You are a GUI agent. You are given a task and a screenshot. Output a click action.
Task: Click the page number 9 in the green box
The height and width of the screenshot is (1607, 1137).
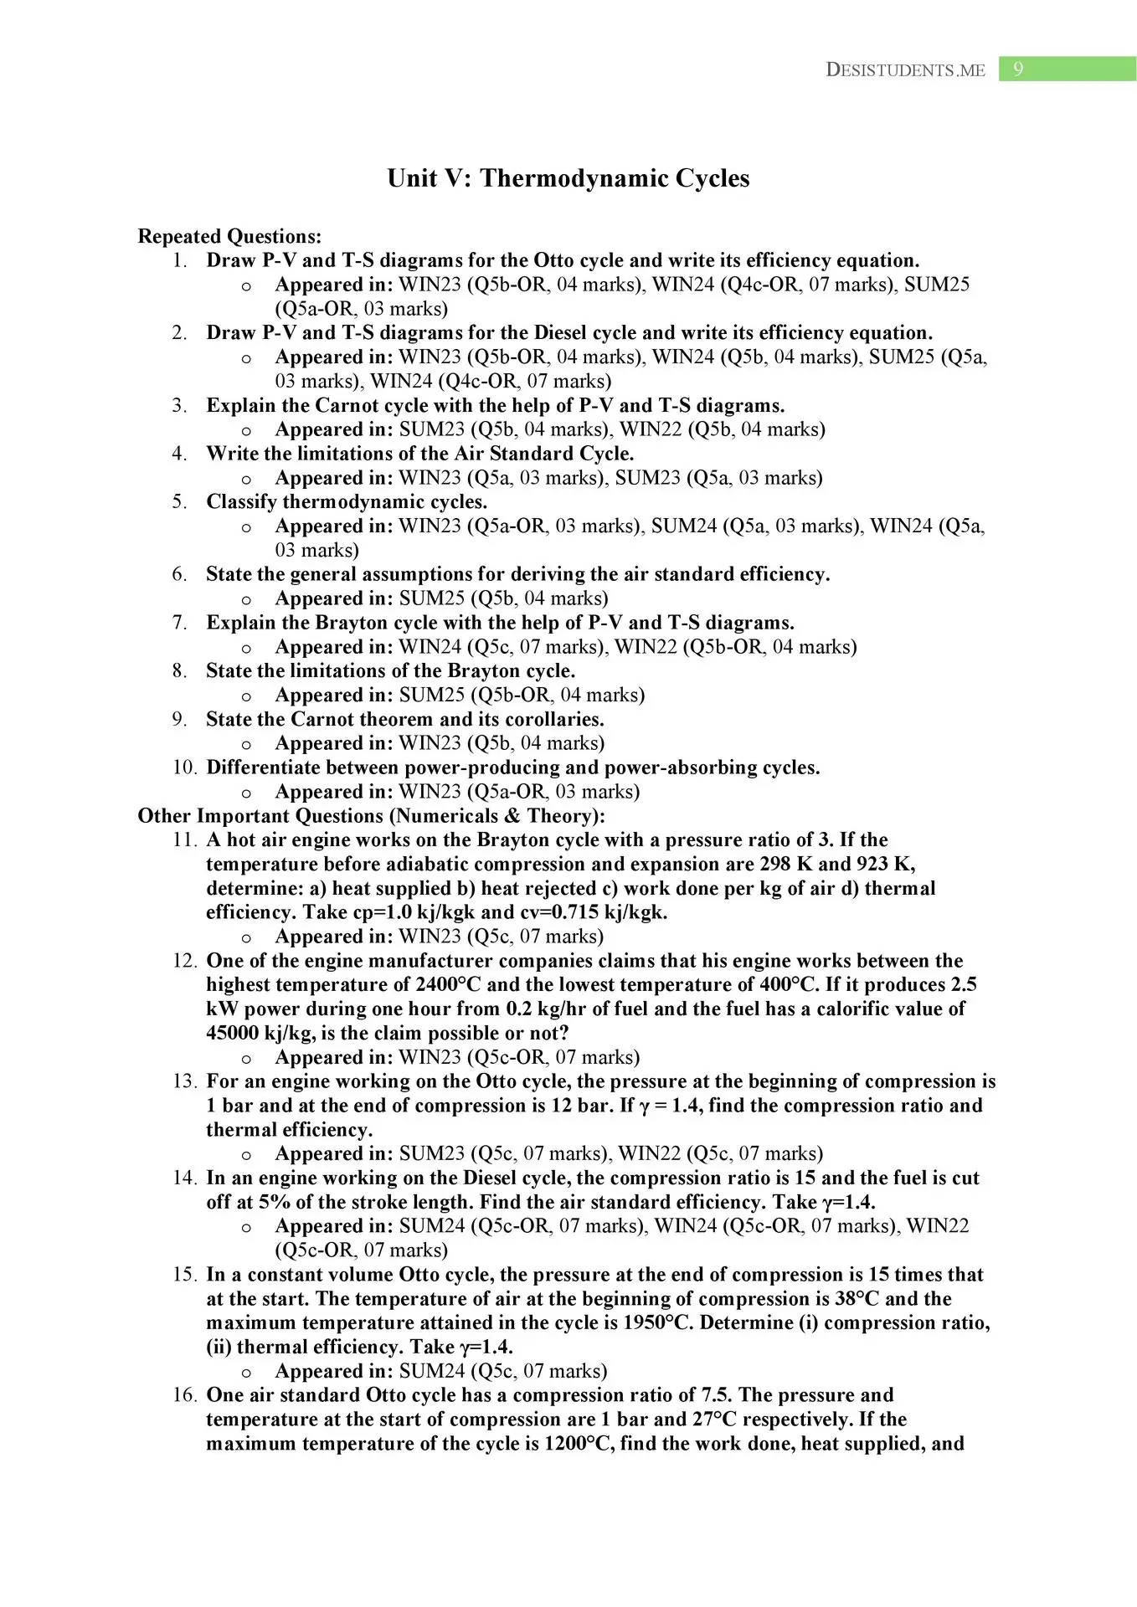click(1018, 69)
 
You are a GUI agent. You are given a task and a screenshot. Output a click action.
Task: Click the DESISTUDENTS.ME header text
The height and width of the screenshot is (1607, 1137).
click(905, 70)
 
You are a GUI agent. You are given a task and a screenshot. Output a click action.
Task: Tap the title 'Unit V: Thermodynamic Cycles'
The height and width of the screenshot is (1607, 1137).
click(568, 178)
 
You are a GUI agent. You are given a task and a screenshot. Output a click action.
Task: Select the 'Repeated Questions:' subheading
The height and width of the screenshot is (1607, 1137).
click(229, 237)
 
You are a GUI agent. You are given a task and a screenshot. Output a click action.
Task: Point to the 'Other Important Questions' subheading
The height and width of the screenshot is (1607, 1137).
click(371, 816)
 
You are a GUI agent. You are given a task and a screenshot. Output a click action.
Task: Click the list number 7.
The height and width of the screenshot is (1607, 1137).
click(180, 623)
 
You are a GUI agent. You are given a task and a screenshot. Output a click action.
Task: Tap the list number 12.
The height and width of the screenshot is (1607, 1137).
click(184, 961)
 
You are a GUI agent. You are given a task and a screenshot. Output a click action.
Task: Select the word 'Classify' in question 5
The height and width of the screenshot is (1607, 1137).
click(241, 502)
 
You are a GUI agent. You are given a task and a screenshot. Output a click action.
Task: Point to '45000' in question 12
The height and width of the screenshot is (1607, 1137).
click(232, 1034)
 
